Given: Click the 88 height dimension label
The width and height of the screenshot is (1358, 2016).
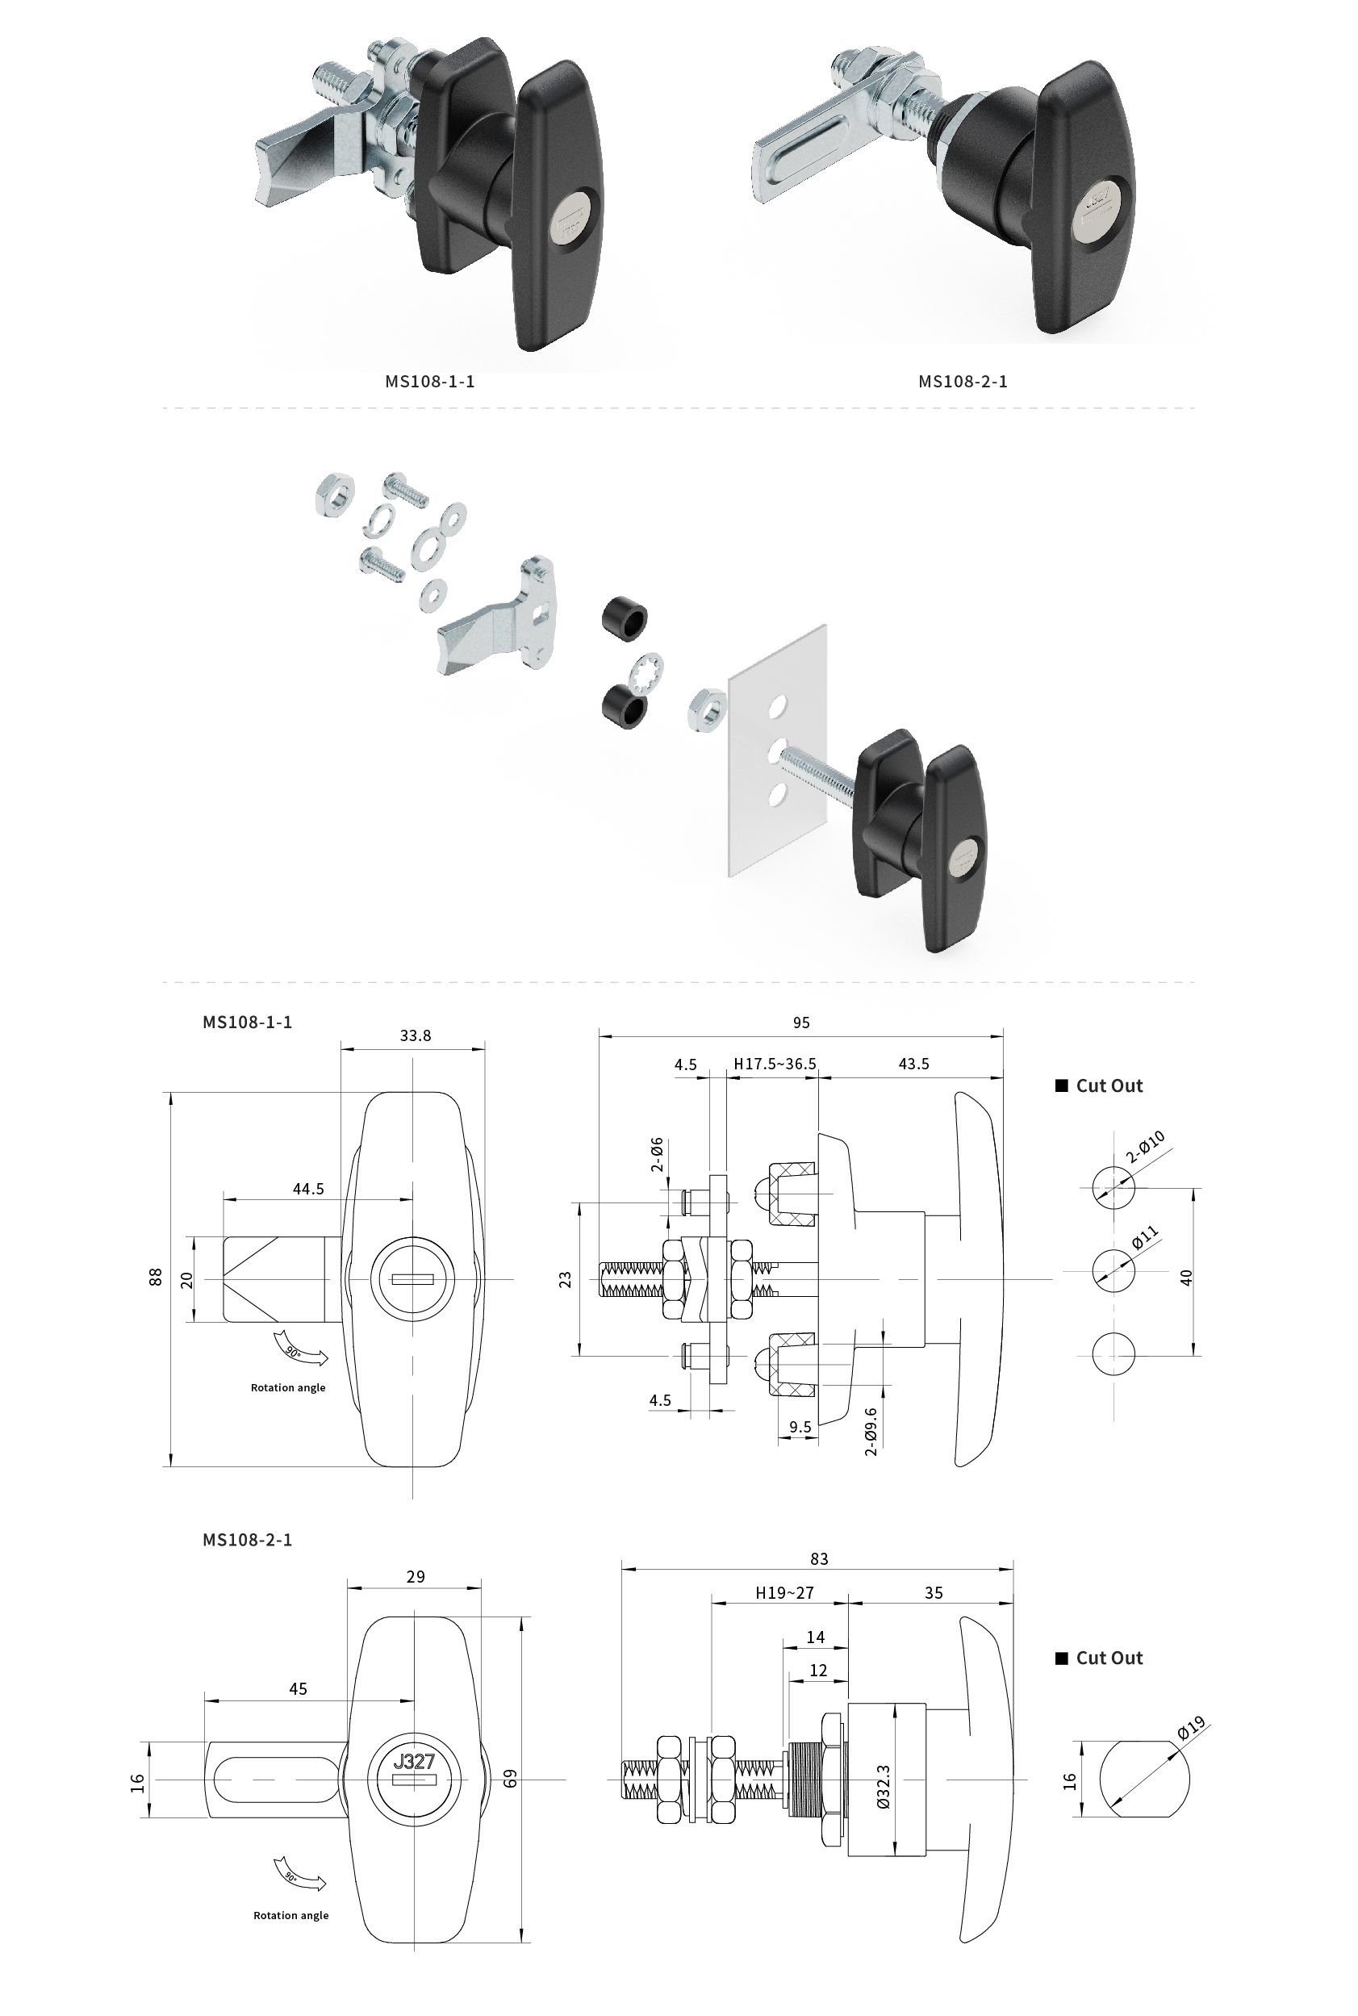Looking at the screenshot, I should point(156,1278).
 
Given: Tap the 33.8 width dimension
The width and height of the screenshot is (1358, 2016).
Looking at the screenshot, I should point(415,1035).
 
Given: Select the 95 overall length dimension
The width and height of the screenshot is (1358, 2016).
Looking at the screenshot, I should point(800,1023).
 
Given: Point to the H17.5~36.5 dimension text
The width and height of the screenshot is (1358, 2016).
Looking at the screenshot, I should point(775,1064).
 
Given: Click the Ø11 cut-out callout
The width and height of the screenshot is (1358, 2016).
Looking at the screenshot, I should point(1144,1238).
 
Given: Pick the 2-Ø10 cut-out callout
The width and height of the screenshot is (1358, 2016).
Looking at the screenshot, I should point(1145,1148).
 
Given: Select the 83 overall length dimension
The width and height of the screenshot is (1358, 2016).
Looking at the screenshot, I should point(818,1558).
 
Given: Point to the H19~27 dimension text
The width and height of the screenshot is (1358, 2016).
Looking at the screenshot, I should point(783,1592).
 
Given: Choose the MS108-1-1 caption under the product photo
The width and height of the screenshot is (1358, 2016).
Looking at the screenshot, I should point(429,382).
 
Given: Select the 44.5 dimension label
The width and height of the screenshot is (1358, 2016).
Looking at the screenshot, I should point(307,1189).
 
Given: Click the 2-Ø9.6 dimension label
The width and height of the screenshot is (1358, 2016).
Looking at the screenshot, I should point(871,1432).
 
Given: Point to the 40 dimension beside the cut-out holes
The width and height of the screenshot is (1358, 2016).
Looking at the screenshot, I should point(1185,1278).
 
